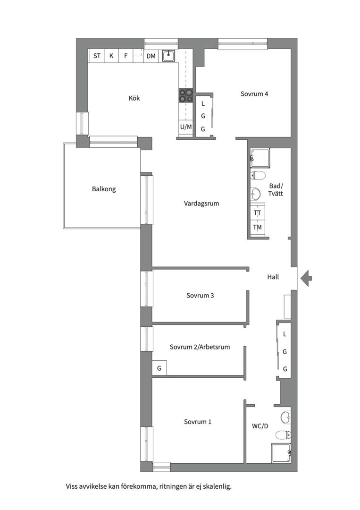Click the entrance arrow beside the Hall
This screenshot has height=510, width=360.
pyautogui.click(x=306, y=278)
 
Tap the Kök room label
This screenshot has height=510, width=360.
pyautogui.click(x=134, y=98)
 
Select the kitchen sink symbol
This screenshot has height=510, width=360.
pyautogui.click(x=168, y=56)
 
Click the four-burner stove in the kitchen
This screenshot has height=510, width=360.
pyautogui.click(x=186, y=96)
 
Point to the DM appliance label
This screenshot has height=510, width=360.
pyautogui.click(x=151, y=56)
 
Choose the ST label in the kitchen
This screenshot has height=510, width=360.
pyautogui.click(x=97, y=56)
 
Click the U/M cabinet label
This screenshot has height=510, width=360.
pyautogui.click(x=186, y=127)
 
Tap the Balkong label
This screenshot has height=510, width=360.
pyautogui.click(x=104, y=189)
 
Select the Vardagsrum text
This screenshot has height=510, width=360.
pyautogui.click(x=201, y=204)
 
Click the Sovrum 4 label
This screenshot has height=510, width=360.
pyautogui.click(x=254, y=93)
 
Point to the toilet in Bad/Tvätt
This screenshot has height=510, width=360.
pyautogui.click(x=258, y=176)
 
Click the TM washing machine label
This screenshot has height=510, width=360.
pyautogui.click(x=257, y=227)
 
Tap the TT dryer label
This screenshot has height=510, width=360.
pyautogui.click(x=257, y=213)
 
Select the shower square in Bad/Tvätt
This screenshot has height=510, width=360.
pyautogui.click(x=260, y=158)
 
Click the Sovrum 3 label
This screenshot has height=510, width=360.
pyautogui.click(x=200, y=295)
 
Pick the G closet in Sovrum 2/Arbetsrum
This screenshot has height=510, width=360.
pyautogui.click(x=159, y=368)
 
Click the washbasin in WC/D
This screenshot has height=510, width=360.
pyautogui.click(x=286, y=417)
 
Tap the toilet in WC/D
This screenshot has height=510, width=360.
pyautogui.click(x=283, y=434)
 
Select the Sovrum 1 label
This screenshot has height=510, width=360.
pyautogui.click(x=198, y=422)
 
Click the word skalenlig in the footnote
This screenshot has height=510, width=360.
pyautogui.click(x=219, y=487)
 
